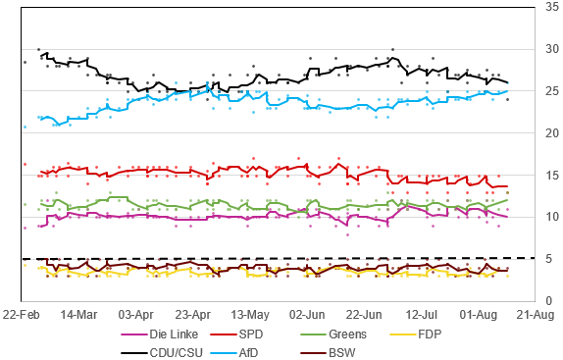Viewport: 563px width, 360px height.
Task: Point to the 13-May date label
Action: [x=250, y=315]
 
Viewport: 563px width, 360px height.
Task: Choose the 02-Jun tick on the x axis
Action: [x=308, y=315]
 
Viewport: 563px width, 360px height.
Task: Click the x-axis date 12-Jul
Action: [x=422, y=315]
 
